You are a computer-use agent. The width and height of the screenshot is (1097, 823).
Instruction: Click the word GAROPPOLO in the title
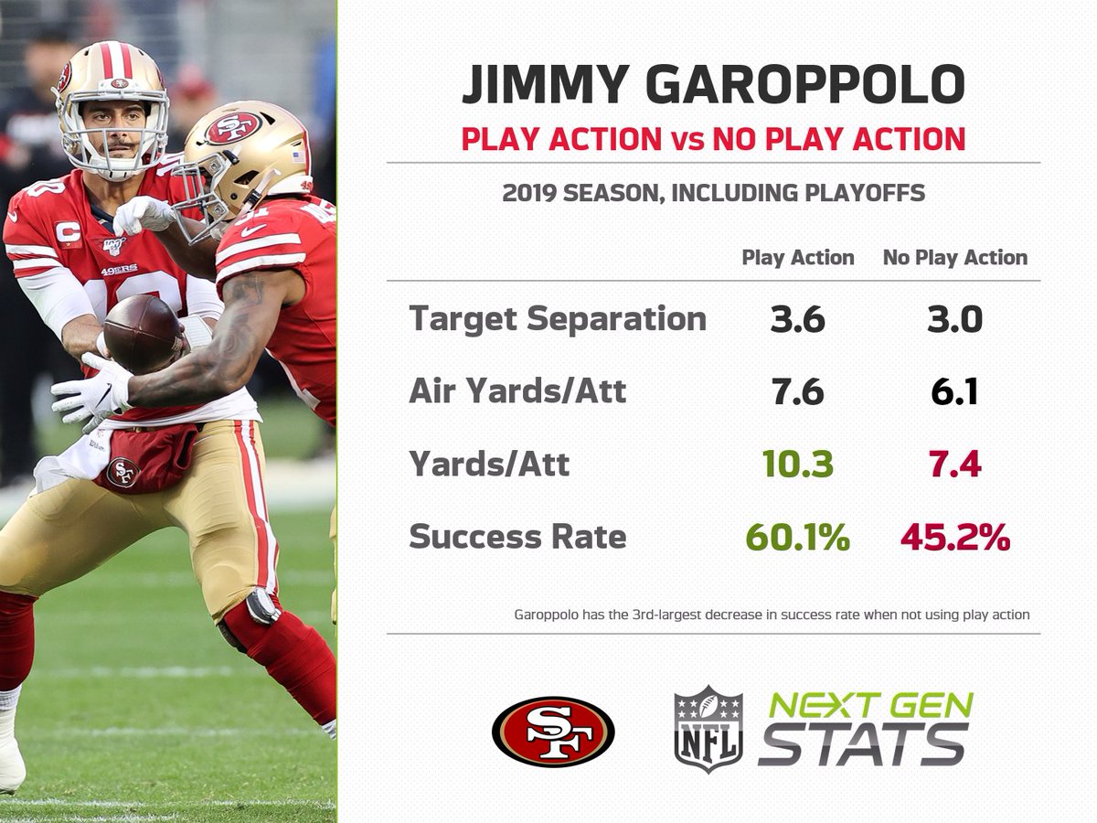[x=804, y=84]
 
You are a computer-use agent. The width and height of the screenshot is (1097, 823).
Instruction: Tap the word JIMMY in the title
[x=545, y=84]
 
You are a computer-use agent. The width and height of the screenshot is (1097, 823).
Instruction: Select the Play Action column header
[x=798, y=258]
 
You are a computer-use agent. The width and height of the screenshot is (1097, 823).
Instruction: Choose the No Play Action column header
[x=955, y=258]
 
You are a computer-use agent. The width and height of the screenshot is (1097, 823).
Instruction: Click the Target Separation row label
[x=558, y=320]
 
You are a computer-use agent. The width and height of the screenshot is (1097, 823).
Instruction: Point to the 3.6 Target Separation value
[x=798, y=320]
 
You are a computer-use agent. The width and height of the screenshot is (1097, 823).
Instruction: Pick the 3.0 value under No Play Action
[x=955, y=320]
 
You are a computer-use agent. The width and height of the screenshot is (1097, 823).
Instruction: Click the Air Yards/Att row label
[x=517, y=390]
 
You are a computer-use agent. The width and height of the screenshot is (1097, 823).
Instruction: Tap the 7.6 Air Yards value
[x=798, y=391]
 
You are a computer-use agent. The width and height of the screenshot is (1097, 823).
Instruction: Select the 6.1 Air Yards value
[x=954, y=391]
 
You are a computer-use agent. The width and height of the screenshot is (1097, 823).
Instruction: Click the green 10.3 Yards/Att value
[x=798, y=465]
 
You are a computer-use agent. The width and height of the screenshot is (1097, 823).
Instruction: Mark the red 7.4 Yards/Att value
[x=955, y=465]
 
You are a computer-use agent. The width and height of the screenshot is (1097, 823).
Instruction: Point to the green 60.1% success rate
[x=798, y=537]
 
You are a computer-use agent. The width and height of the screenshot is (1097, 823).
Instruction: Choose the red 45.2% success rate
[x=955, y=537]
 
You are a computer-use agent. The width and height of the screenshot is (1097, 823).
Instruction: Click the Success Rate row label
[x=517, y=537]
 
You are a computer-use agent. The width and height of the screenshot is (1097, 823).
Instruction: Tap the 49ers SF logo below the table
[x=553, y=732]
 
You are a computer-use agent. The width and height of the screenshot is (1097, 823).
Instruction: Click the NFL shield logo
[x=708, y=729]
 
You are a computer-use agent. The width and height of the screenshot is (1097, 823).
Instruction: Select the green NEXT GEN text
[x=870, y=705]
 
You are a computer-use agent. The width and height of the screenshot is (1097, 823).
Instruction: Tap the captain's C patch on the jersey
[x=68, y=233]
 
